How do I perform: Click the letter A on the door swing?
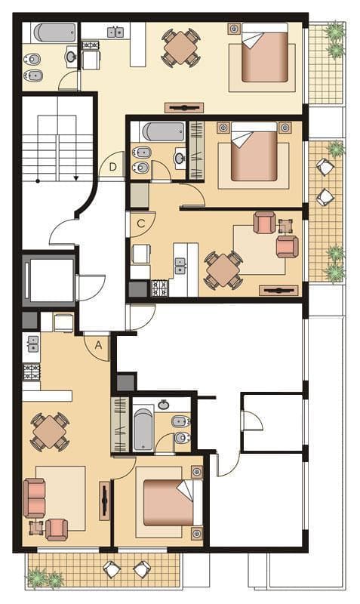(x=99, y=346)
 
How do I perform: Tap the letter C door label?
(x=141, y=223)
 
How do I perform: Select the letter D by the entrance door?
(x=112, y=167)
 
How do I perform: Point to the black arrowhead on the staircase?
(x=76, y=177)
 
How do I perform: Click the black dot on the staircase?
(x=38, y=180)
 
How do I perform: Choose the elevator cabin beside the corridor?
(x=49, y=280)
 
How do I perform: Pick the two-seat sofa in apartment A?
(x=34, y=498)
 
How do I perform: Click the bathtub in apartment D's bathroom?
(x=54, y=32)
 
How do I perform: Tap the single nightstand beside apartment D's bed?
(x=234, y=28)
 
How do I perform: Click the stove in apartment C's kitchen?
(x=160, y=288)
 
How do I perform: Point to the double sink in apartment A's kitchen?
(x=32, y=344)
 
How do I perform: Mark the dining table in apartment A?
(x=50, y=431)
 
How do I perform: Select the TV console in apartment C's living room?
(x=279, y=291)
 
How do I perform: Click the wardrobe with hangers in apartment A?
(x=120, y=424)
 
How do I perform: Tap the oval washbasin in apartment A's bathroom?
(x=164, y=405)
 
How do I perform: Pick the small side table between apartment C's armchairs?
(x=286, y=226)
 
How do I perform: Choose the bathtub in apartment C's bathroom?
(x=163, y=131)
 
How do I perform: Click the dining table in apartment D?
(x=180, y=48)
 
